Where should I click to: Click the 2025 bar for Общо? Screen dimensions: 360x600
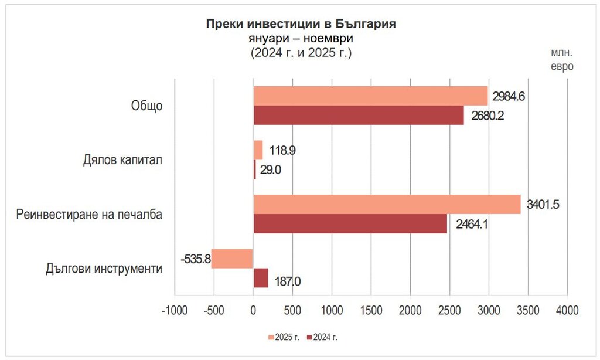(370, 96)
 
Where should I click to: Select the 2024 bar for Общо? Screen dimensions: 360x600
(359, 115)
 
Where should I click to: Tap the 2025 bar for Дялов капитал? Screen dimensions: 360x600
(258, 150)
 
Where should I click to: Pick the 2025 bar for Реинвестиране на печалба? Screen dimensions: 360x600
(387, 205)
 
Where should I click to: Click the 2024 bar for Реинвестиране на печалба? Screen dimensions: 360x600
(350, 223)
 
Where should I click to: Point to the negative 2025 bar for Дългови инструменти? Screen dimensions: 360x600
(232, 259)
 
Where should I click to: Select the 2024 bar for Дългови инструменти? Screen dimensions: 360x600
(261, 278)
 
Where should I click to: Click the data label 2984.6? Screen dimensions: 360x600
(509, 96)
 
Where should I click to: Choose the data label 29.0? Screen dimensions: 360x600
(271, 169)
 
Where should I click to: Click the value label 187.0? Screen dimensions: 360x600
(287, 281)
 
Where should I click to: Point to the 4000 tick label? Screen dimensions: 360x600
(567, 309)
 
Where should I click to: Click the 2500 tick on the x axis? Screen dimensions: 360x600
(449, 309)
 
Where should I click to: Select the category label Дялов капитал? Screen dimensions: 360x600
(123, 160)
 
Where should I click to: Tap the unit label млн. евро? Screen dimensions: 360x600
(561, 60)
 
